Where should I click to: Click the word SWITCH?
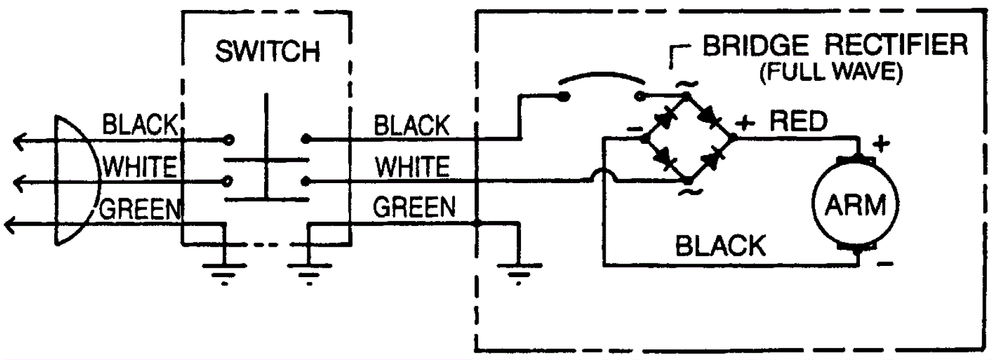tap(267, 51)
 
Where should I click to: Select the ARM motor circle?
tap(855, 204)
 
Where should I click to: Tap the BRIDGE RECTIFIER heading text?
tap(835, 45)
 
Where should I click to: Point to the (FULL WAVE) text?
tap(831, 72)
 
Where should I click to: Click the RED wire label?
tap(798, 121)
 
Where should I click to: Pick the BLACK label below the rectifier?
tap(720, 247)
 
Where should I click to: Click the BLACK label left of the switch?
tap(140, 125)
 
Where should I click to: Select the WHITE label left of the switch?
tap(140, 168)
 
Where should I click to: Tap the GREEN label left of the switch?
tap(140, 209)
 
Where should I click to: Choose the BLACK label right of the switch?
tap(411, 126)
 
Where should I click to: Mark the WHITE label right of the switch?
tap(412, 167)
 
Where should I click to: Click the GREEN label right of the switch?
tap(414, 207)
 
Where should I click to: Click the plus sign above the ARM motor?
tap(880, 144)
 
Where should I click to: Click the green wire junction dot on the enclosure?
tap(477, 222)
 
